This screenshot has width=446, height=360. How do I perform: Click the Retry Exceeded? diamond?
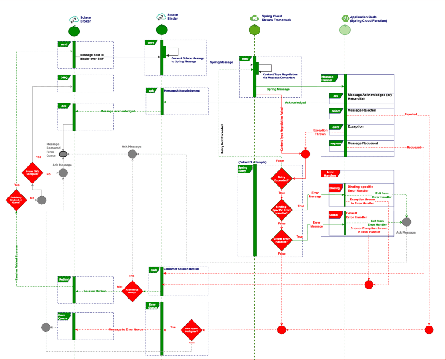282,178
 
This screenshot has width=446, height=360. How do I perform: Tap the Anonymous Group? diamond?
132,291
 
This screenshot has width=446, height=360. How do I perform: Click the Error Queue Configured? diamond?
192,330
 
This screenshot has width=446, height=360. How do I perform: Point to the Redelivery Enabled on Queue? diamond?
16,200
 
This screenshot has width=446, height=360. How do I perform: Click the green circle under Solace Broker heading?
74,31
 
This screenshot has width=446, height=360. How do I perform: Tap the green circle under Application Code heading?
345,30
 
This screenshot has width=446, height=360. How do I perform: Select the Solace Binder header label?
172,17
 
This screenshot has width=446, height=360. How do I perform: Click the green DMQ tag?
64,78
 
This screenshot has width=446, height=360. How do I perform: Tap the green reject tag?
335,111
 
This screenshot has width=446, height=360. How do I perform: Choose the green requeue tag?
335,143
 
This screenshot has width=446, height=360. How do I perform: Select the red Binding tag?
334,188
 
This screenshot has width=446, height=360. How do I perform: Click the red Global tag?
334,214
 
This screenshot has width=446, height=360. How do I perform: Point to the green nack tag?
154,270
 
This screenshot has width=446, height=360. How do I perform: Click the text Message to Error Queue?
126,329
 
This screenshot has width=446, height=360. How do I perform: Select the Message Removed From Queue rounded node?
63,154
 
